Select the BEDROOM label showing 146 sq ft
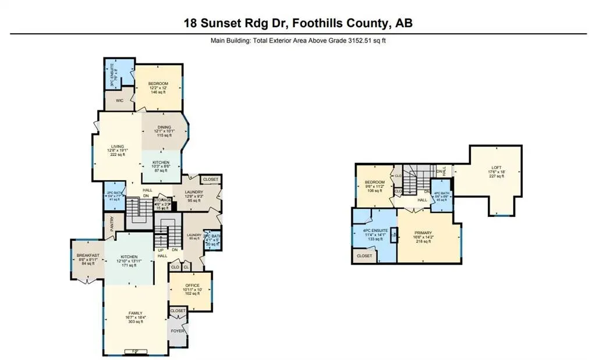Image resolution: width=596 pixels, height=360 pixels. (x=158, y=84)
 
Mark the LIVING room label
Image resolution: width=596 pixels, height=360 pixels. (x=118, y=147)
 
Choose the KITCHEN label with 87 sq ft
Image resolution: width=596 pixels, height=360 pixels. (x=161, y=162)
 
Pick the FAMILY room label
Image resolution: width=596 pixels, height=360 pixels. (x=135, y=313)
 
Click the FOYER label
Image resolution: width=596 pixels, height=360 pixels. (x=178, y=331)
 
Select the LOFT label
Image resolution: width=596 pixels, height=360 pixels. (x=494, y=167)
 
